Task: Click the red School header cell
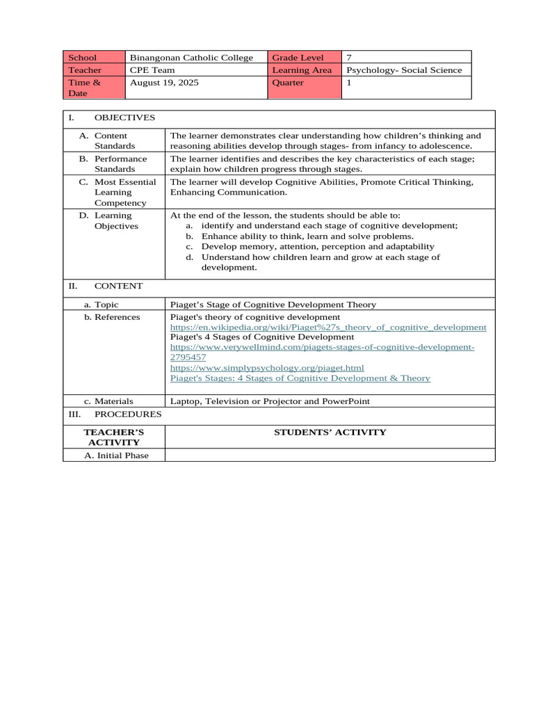[94, 58]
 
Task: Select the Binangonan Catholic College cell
[192, 58]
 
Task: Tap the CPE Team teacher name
[151, 70]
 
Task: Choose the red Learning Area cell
[302, 70]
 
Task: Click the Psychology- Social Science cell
[404, 70]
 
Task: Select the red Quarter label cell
[289, 83]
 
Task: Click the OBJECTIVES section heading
[124, 118]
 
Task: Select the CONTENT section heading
[118, 286]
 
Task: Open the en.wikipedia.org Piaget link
[328, 327]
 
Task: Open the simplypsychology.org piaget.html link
[267, 367]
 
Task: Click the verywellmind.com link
[322, 347]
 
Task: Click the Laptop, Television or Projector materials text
[270, 401]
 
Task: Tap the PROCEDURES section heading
[128, 414]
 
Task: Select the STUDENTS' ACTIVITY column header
[330, 432]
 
